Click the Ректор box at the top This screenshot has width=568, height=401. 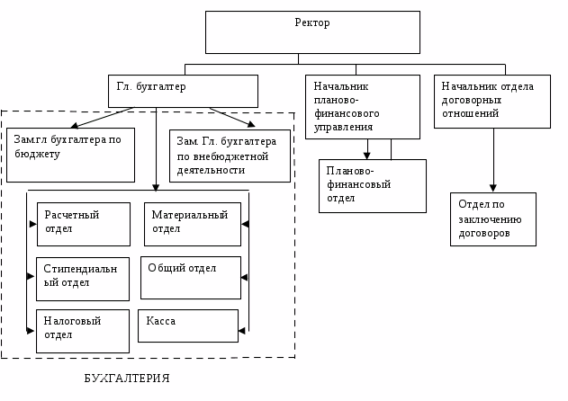click(312, 32)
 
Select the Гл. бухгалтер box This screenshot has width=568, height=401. click(183, 91)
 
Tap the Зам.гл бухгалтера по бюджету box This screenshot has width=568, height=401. click(70, 155)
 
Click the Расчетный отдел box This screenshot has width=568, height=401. click(84, 224)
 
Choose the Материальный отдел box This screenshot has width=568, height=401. click(192, 224)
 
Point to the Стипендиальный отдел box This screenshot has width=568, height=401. click(83, 279)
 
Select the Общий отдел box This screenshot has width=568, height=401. click(190, 277)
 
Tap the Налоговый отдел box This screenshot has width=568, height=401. click(83, 331)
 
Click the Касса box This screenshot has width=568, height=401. click(187, 325)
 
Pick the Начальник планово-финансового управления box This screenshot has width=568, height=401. click(362, 107)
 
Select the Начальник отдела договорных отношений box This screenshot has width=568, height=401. click(492, 101)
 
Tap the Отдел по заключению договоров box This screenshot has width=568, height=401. click(492, 218)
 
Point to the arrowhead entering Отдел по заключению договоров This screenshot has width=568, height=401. click(492, 188)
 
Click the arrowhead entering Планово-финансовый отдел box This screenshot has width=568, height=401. click(367, 156)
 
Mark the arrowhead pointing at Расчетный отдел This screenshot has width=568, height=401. click(32, 224)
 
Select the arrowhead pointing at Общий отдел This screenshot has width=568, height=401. click(245, 277)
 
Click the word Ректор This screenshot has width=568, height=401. click(312, 22)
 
